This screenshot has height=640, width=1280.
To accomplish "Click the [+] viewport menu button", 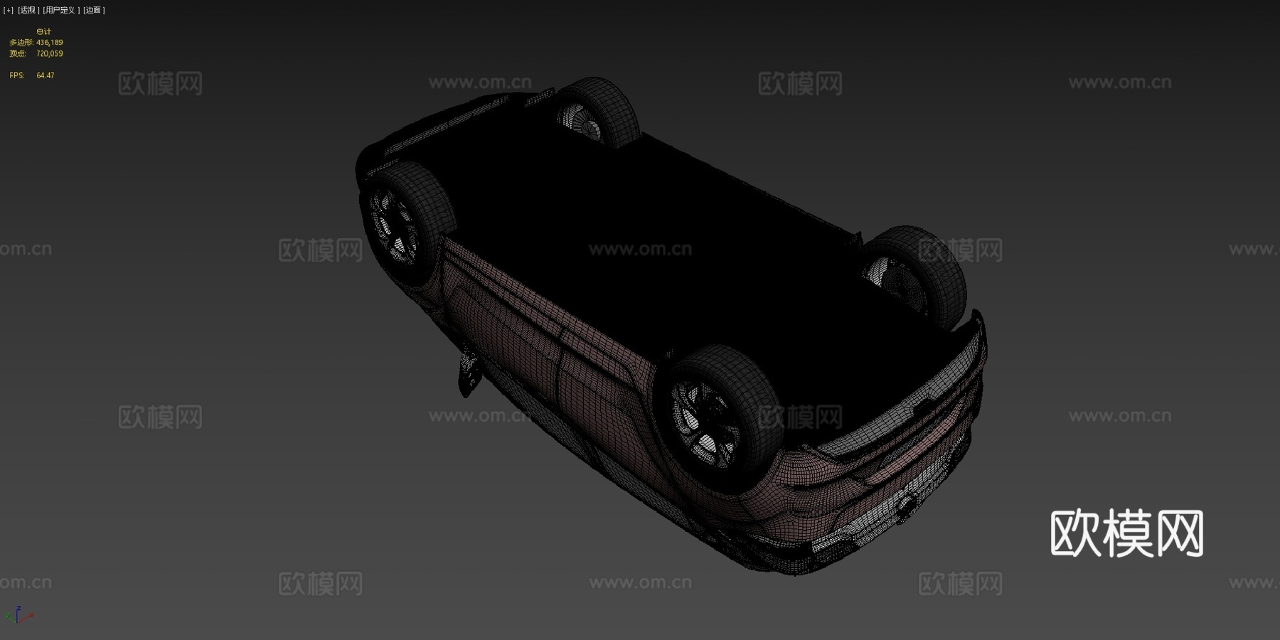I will [x=8, y=10].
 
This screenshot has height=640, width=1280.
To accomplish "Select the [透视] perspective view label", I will [x=28, y=10].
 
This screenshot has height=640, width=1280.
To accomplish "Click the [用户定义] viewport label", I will [x=60, y=10].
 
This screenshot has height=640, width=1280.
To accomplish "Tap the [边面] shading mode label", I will [x=93, y=10].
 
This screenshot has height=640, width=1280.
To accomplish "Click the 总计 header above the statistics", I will [x=43, y=31].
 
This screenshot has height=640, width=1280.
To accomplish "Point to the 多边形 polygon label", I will [x=21, y=43].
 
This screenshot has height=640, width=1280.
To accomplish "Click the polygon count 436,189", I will [x=50, y=43].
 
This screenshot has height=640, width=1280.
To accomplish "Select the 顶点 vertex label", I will [x=18, y=53].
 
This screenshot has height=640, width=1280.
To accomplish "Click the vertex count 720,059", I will [x=50, y=53].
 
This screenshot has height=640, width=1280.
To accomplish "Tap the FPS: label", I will [x=16, y=75].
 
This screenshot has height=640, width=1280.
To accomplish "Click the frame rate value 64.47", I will [x=45, y=75].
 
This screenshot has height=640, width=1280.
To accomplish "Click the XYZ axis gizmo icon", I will [x=18, y=615].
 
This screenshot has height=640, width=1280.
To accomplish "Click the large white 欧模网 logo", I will [x=1126, y=533].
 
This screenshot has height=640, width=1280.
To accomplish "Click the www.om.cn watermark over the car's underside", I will [x=640, y=249].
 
